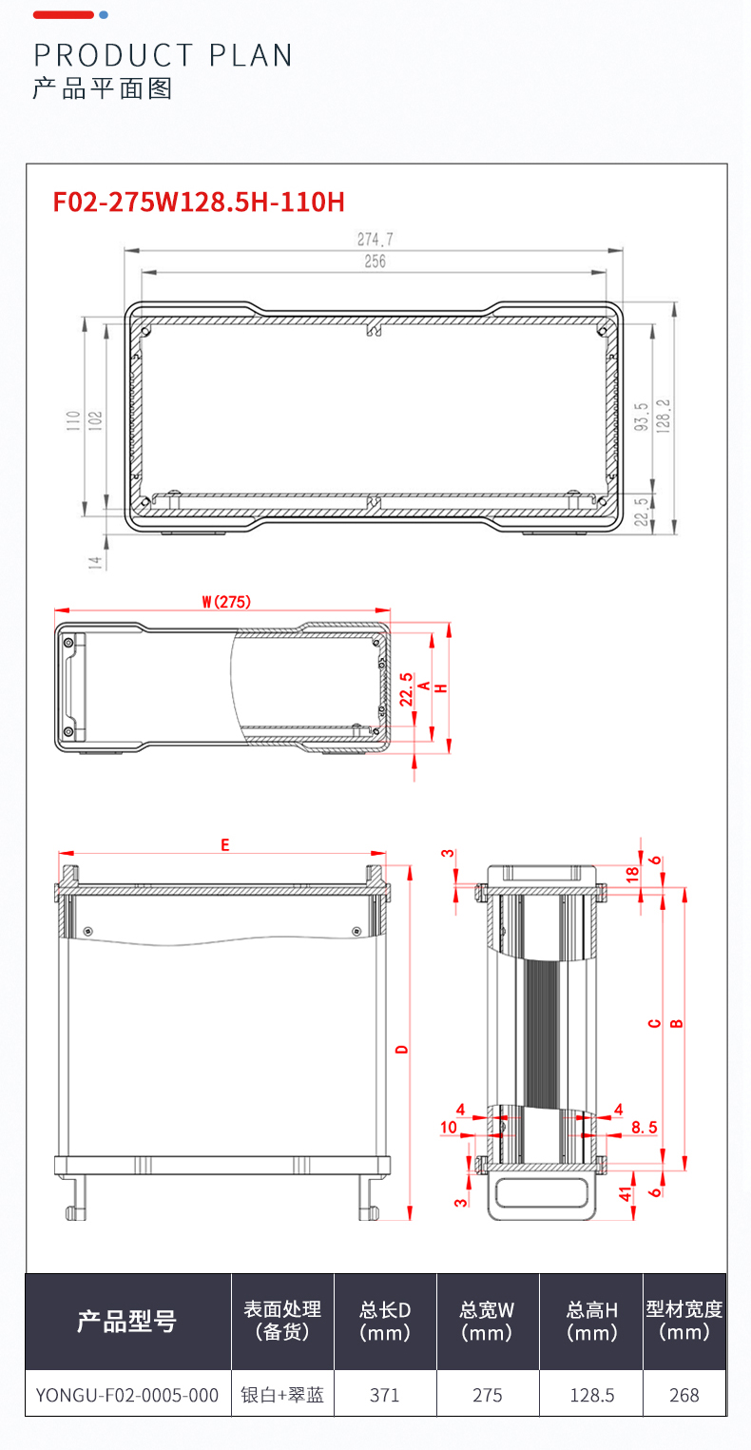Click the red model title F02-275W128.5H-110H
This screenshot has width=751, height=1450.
pos(198,202)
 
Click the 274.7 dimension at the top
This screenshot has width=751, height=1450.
pos(375,239)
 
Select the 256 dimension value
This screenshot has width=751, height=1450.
pos(375,261)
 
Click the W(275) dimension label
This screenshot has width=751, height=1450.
pos(225,601)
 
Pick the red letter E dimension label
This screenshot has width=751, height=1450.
pos(224,844)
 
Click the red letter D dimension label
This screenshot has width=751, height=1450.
pos(402,1050)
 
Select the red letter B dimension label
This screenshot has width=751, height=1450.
pos(676,1024)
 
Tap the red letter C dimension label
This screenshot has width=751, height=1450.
pos(654,1024)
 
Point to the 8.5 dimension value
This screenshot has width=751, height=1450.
pos(644,1128)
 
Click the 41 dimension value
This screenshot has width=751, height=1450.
pos(625,1194)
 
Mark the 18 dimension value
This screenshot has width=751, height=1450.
pos(632,874)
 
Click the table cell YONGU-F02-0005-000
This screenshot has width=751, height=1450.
pos(127,1395)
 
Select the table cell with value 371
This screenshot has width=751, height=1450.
pos(384,1395)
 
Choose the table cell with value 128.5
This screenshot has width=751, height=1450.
pos(591,1395)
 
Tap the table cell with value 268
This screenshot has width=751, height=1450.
pos(684,1395)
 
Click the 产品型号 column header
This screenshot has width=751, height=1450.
pos(127,1321)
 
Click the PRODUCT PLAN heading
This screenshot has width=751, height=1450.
pos(163,55)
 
